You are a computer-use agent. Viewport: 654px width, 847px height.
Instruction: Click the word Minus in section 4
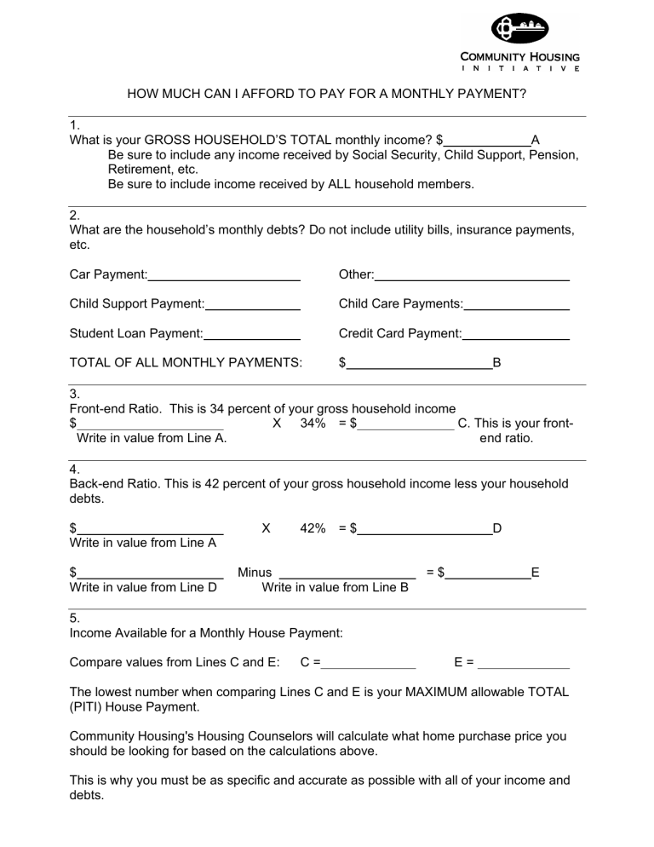(255, 573)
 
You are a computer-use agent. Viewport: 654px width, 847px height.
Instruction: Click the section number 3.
(73, 395)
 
